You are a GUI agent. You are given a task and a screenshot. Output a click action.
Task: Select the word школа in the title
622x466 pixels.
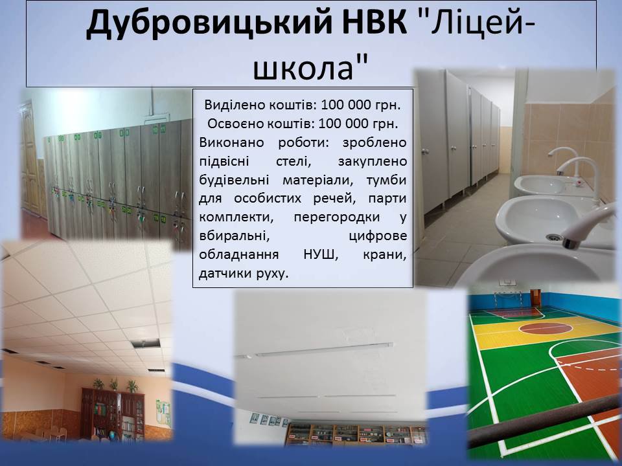pos(303,67)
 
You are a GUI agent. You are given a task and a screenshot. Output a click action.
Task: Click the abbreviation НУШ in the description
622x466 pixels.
pos(321,254)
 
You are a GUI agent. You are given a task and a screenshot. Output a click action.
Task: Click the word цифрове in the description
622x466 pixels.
pos(378,236)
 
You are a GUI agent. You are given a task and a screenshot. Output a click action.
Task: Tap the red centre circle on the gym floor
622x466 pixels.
pos(545,327)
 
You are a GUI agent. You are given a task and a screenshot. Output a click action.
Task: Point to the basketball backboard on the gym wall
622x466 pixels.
pos(506,282)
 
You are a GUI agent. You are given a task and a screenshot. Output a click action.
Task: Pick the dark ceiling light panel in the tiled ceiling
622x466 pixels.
pos(146,343)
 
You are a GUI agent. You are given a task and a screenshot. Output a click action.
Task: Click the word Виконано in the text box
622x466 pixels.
pos(231,142)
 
